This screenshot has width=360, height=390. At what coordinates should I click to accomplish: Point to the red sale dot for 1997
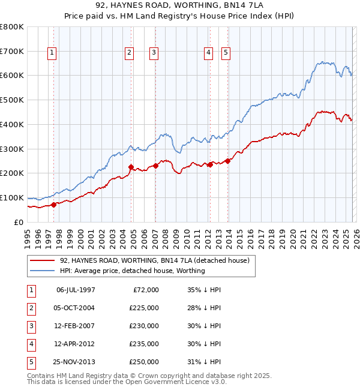[53, 205]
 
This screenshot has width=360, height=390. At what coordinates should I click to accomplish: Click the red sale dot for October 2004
[131, 167]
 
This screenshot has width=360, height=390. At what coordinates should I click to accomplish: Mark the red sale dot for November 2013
[228, 161]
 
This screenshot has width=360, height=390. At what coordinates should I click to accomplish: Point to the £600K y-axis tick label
[12, 76]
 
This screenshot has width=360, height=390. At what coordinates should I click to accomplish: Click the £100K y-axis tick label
[12, 197]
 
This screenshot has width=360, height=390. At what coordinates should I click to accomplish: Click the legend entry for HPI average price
[132, 271]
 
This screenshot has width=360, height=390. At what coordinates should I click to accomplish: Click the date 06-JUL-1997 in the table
[76, 290]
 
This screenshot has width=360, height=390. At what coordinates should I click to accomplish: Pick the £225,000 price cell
[144, 308]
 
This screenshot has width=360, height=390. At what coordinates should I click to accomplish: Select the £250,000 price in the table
[144, 362]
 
